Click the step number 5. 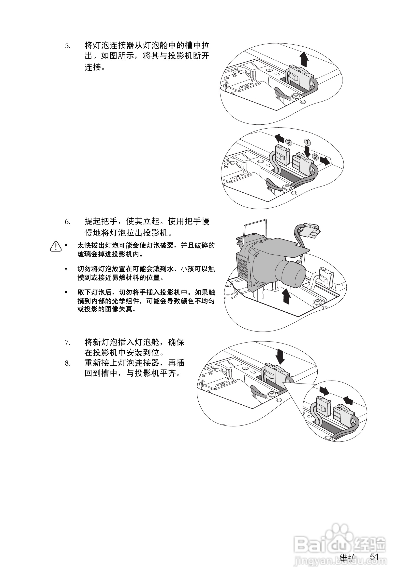pos(67,46)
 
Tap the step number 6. pos(67,222)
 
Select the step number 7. pos(67,343)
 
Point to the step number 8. pos(67,363)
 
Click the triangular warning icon pos(56,246)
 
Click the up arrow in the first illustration pos(303,59)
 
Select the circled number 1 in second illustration pos(307,142)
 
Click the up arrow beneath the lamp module pos(287,296)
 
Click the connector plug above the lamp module pos(309,230)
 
